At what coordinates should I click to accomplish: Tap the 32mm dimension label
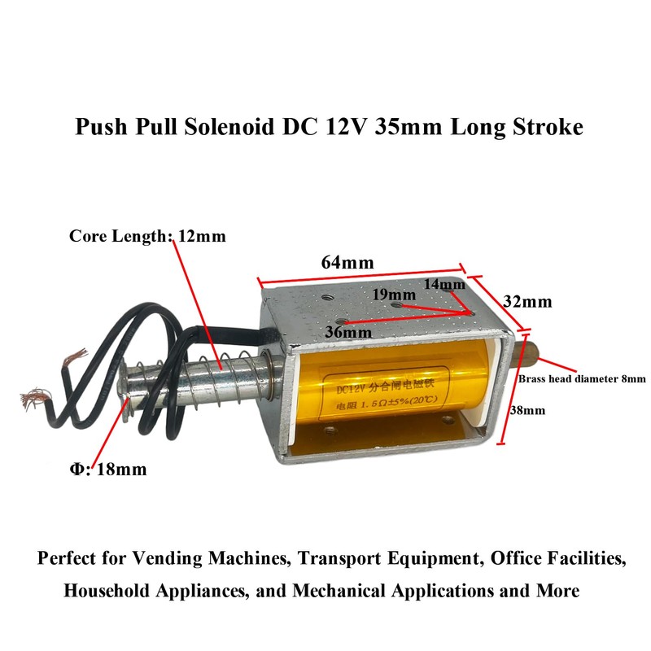[x=527, y=301]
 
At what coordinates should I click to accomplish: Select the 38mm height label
[x=528, y=410]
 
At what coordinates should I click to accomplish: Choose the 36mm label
[x=348, y=332]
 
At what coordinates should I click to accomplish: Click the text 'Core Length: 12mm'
[x=147, y=237]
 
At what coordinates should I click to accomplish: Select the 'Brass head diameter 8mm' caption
[x=582, y=378]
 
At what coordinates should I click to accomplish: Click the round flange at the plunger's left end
[x=128, y=393]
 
